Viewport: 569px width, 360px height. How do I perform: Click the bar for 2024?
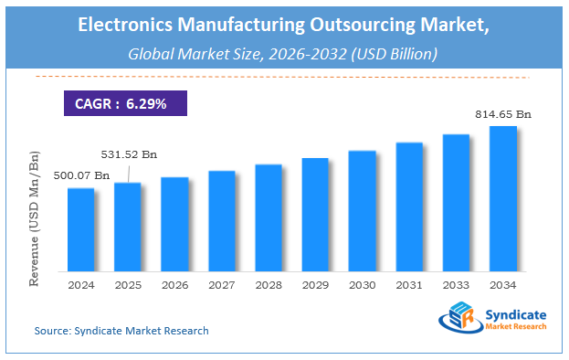pyautogui.click(x=80, y=229)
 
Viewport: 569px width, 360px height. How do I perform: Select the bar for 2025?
pyautogui.click(x=128, y=227)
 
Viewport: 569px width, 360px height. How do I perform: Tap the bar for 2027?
pyautogui.click(x=222, y=221)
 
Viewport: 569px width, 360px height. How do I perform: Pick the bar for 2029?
pyautogui.click(x=316, y=215)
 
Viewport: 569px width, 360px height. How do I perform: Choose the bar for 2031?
pyautogui.click(x=409, y=206)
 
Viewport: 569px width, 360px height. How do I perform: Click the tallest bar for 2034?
pyautogui.click(x=503, y=198)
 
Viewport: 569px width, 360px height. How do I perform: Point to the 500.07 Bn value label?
pyautogui.click(x=82, y=175)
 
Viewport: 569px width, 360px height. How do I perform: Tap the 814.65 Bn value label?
pyautogui.click(x=502, y=114)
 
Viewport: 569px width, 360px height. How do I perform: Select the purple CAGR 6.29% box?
pyautogui.click(x=125, y=104)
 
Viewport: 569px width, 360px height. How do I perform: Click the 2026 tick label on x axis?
pyautogui.click(x=174, y=284)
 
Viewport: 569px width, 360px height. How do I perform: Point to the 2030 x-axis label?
pyautogui.click(x=363, y=284)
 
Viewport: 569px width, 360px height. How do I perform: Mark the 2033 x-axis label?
pyautogui.click(x=457, y=284)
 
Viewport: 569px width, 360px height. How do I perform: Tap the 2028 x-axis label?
pyautogui.click(x=269, y=284)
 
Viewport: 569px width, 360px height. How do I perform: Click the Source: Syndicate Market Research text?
pyautogui.click(x=121, y=330)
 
